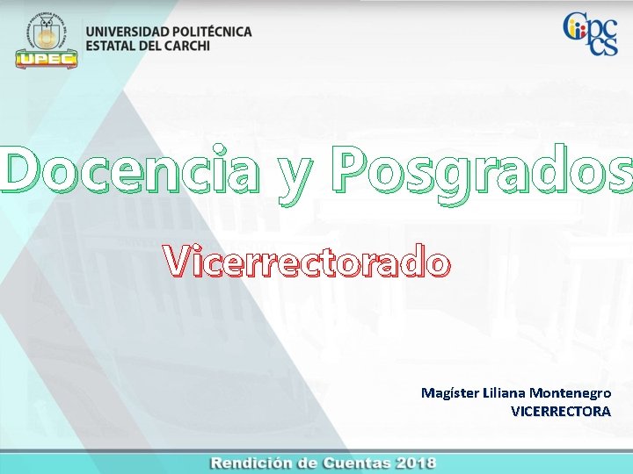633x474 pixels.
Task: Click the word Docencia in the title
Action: click(x=131, y=170)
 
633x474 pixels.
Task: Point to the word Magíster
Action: click(x=450, y=392)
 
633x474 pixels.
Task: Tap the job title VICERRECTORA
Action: click(x=560, y=410)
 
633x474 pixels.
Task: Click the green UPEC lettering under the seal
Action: click(x=47, y=60)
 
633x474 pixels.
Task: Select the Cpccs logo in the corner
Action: click(x=591, y=33)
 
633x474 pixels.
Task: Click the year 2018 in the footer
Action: click(x=415, y=463)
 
